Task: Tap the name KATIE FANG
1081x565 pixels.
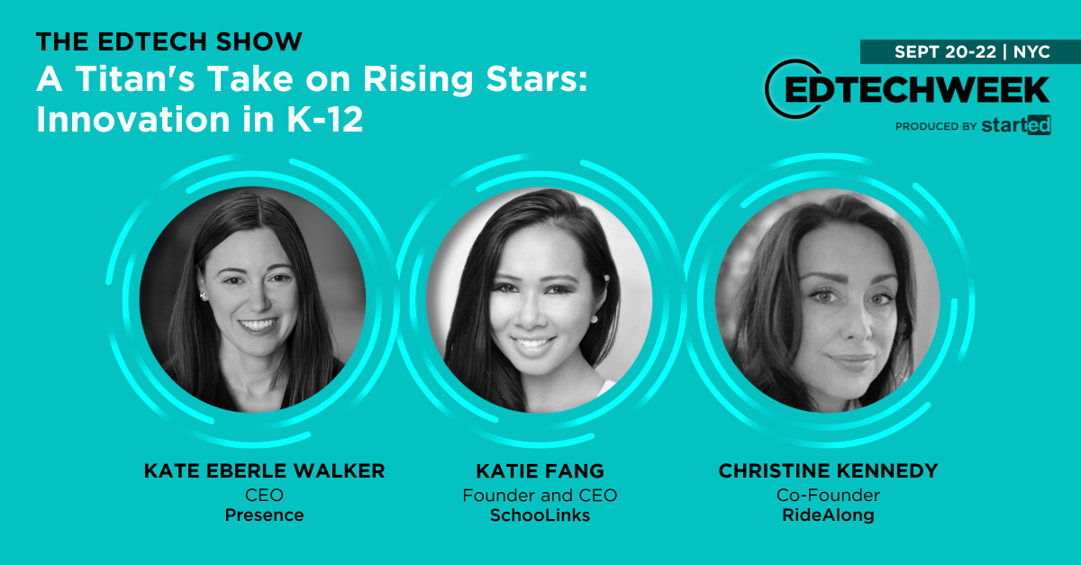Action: click(x=540, y=471)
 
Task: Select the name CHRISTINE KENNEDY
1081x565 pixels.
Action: click(x=828, y=471)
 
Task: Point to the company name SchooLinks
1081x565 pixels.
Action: click(x=540, y=515)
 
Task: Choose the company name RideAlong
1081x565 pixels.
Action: click(x=828, y=515)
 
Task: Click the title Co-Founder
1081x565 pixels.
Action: click(x=828, y=495)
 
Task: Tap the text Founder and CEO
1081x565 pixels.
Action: click(x=540, y=495)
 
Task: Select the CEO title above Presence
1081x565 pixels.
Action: click(x=263, y=495)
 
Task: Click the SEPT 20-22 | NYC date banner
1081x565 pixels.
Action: click(x=971, y=51)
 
